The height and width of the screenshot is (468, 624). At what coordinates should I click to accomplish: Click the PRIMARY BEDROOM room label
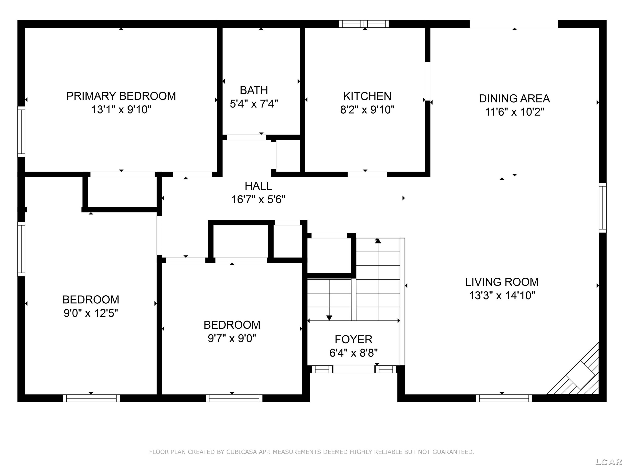coord(121,96)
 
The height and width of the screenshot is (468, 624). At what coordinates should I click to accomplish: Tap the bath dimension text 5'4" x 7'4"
coord(254,104)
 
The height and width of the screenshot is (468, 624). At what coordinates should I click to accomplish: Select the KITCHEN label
coord(367,97)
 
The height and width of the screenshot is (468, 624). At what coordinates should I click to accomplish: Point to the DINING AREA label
coord(514,98)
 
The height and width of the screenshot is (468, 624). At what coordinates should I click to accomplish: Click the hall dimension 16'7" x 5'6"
coord(258,199)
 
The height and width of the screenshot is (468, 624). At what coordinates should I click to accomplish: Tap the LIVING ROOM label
coord(502,282)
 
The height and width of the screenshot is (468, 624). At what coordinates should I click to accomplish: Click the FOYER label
coord(353,339)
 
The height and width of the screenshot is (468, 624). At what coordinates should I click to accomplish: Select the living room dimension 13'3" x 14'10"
coord(502,295)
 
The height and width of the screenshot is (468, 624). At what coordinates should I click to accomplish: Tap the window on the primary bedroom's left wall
coord(21,131)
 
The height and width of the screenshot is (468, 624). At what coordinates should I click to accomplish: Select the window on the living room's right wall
coord(603,208)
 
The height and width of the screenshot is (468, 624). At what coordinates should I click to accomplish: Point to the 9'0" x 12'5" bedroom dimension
coord(91,313)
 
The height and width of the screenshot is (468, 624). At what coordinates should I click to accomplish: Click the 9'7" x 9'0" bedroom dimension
coord(232,338)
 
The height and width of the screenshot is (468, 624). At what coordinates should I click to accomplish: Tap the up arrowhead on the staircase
coord(378,241)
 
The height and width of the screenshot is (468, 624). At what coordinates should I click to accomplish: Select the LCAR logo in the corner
coord(609,462)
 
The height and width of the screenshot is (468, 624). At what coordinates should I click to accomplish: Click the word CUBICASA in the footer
coord(241,452)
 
